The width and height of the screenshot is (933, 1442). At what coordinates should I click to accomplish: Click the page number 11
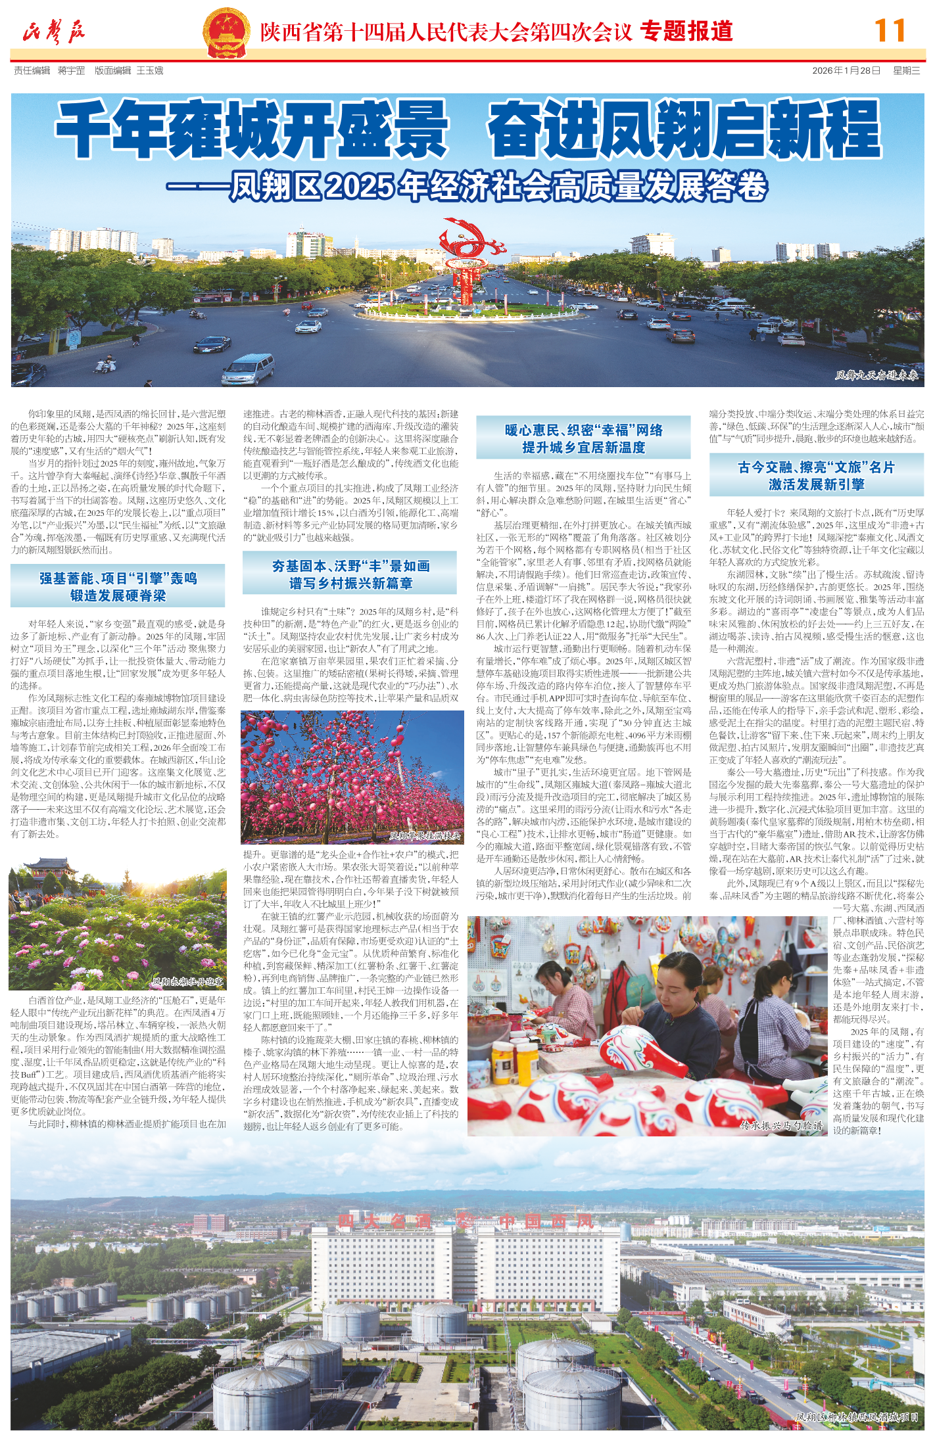coord(890,30)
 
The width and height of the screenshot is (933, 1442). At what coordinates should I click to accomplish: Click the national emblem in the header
coord(226,33)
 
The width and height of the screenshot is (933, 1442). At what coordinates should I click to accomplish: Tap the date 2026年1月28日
coord(846,70)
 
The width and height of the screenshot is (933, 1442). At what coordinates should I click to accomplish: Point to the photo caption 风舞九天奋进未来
coord(876,375)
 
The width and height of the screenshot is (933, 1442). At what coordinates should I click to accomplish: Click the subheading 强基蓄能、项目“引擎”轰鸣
coord(118,578)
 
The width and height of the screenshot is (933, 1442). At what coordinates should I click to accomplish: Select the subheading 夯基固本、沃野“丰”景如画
coord(350,566)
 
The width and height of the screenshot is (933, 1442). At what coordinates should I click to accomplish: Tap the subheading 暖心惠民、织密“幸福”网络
coord(583,430)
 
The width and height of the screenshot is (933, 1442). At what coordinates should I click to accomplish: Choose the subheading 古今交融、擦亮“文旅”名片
coord(816,467)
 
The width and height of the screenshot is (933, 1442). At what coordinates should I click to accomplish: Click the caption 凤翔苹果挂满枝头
coord(424,836)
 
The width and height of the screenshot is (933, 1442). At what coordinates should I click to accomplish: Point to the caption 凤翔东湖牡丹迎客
coord(188,982)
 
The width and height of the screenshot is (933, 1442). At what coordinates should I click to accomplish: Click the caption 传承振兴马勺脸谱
coord(781,1125)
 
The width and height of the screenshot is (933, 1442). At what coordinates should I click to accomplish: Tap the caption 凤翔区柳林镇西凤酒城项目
coord(856,1417)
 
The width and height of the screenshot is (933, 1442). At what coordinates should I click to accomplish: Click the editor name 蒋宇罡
coord(71,70)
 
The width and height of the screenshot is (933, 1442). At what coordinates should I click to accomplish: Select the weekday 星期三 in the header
coord(906,70)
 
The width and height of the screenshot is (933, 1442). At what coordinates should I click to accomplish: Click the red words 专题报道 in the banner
coord(686,31)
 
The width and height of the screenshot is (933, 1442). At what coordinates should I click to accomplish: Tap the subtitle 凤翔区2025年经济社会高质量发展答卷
coord(498,187)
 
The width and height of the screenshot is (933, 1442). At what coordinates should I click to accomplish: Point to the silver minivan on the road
coord(248,368)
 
